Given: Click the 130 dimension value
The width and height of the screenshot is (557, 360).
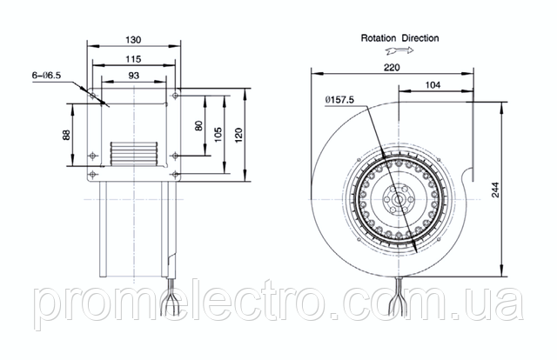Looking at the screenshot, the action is click(x=133, y=40).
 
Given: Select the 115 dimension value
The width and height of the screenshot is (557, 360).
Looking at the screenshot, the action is click(x=133, y=59).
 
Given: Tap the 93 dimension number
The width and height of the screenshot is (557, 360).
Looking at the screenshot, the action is click(x=133, y=76).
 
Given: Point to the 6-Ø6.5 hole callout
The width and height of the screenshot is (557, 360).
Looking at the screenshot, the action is click(x=46, y=76).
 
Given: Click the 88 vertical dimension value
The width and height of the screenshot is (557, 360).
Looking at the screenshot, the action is click(x=67, y=135).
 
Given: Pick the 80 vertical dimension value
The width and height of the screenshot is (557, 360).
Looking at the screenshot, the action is click(x=199, y=126).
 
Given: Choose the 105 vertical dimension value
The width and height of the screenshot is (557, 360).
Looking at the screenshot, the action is click(x=218, y=135).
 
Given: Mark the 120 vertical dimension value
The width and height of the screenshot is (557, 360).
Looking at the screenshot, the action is click(x=238, y=136).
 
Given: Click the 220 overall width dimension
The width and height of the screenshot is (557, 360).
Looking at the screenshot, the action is click(x=392, y=68).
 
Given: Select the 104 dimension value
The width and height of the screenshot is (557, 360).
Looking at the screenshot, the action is click(x=433, y=85).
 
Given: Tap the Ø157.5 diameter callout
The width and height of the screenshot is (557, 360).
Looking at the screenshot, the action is click(x=339, y=100).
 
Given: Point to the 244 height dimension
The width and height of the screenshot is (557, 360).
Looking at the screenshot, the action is click(x=495, y=190).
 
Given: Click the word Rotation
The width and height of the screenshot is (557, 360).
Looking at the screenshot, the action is click(x=379, y=38).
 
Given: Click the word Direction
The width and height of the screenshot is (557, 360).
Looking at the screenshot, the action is click(x=420, y=38).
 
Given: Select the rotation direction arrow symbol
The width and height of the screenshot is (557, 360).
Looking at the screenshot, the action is click(x=399, y=50).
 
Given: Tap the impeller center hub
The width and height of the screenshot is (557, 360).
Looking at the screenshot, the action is click(x=399, y=200).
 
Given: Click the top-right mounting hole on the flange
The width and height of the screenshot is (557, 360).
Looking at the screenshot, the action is click(x=175, y=96).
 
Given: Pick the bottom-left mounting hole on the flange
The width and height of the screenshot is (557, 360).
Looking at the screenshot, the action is click(x=93, y=174).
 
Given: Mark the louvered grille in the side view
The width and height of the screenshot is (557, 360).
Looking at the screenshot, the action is click(x=134, y=153).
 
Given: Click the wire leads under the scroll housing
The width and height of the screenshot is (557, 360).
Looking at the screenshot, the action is click(x=399, y=297).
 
